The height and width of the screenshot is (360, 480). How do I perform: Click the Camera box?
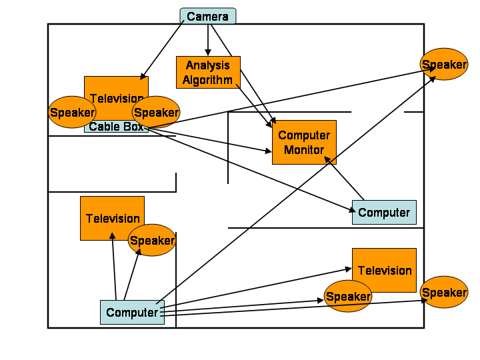point(207,16)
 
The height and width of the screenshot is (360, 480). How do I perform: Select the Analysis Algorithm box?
point(207,72)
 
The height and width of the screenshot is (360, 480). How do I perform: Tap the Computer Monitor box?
point(304,142)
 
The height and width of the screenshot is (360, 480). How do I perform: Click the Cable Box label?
point(115,127)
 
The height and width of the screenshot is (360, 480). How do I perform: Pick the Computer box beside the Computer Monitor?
point(384,212)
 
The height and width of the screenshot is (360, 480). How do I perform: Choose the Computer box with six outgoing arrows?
point(132,312)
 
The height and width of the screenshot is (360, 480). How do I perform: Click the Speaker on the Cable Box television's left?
point(72,112)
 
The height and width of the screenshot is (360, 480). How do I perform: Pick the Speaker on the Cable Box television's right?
point(156,112)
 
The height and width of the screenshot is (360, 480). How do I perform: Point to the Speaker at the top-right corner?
point(443,64)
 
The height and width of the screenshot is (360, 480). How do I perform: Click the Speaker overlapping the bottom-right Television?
point(348,296)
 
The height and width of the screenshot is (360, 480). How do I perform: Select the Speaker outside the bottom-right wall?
point(444,292)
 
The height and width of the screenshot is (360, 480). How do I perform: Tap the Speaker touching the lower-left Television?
point(152,240)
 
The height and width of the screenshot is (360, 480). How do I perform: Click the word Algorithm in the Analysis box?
point(208,80)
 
